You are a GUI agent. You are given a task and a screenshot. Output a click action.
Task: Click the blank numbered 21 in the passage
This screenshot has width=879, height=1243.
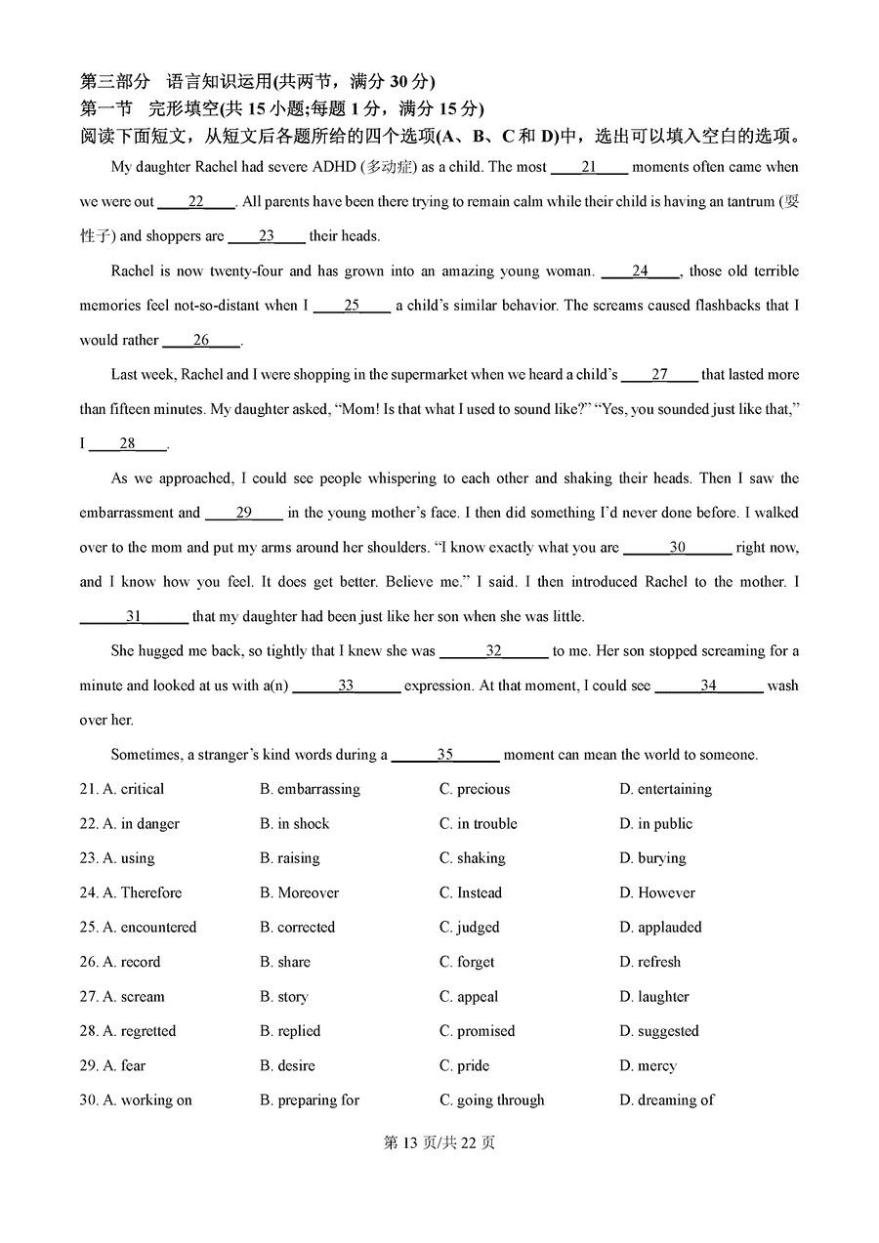(x=589, y=167)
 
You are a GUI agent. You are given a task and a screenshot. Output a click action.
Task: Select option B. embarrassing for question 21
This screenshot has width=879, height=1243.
(x=310, y=789)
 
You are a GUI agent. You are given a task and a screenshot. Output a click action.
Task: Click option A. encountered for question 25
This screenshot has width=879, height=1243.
(x=149, y=928)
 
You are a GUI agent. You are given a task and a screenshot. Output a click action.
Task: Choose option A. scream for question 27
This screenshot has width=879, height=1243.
(x=134, y=997)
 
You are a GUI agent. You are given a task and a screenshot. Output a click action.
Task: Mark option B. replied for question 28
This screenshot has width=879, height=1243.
(x=290, y=1031)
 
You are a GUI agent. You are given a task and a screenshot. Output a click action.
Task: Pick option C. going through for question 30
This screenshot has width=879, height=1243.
(x=491, y=1100)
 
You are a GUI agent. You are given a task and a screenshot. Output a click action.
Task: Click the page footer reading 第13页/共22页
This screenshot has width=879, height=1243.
(x=439, y=1142)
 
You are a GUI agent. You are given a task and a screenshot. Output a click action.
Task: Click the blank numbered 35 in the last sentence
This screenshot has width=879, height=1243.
(x=445, y=755)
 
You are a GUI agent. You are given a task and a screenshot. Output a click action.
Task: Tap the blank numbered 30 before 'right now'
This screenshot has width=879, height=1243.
(x=677, y=548)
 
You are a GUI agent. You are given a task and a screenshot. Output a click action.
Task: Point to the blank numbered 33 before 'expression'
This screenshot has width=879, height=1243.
(x=346, y=685)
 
